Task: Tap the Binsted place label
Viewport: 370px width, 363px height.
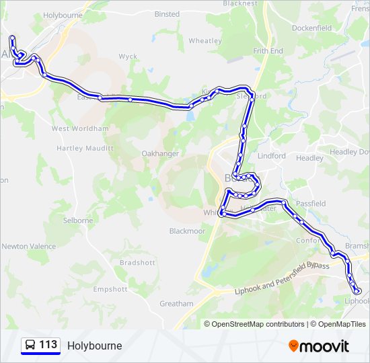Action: click(167, 14)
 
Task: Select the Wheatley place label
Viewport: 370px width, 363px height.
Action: click(205, 41)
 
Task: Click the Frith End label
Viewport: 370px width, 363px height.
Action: click(268, 51)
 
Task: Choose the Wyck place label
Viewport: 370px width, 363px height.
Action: click(128, 57)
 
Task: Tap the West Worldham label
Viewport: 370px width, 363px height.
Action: click(80, 128)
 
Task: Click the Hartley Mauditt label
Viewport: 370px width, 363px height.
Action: click(84, 148)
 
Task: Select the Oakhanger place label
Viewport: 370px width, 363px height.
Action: click(160, 154)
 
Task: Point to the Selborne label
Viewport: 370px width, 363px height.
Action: click(77, 220)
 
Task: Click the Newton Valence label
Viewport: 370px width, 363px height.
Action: click(29, 247)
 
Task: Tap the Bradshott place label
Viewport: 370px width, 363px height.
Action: click(137, 263)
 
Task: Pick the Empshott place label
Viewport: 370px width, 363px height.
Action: click(110, 290)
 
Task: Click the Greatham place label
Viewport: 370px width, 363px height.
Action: click(176, 304)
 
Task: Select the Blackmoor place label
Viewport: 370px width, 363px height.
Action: click(187, 231)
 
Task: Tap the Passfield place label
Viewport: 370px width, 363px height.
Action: click(311, 204)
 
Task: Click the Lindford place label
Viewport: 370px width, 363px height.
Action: click(271, 156)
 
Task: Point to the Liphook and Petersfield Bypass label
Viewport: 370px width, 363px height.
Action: click(283, 278)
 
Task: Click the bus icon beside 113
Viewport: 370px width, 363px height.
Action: click(30, 346)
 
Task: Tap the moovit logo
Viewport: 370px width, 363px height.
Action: click(319, 346)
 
